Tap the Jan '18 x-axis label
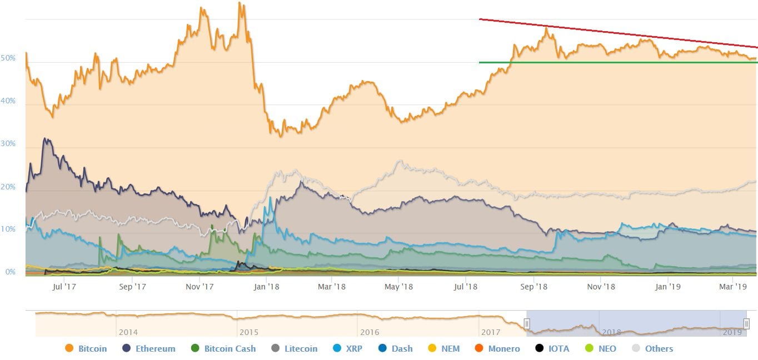266,287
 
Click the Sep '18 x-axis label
533,287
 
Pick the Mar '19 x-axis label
733,287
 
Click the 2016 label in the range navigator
370,332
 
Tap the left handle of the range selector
527,323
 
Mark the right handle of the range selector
746,323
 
